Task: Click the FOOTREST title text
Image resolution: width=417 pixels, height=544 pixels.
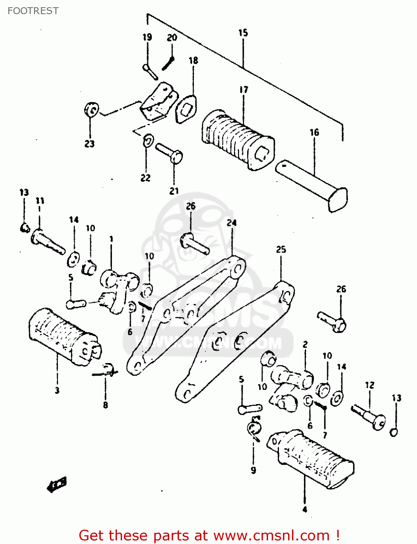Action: click(33, 11)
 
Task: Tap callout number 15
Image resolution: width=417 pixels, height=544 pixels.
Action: click(243, 33)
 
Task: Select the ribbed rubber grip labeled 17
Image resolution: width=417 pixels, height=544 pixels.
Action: click(237, 140)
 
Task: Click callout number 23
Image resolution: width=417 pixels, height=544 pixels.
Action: click(89, 144)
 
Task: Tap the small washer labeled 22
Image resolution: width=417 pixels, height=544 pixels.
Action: click(148, 141)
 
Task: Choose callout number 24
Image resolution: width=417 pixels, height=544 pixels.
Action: click(232, 223)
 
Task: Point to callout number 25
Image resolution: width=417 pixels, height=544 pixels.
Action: click(281, 250)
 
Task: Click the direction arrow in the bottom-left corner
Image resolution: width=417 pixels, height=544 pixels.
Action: click(57, 485)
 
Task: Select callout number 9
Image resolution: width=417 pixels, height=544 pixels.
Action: click(253, 470)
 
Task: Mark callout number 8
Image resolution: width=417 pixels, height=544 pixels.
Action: click(105, 405)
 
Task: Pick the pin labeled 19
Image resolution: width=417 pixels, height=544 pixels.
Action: click(150, 71)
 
